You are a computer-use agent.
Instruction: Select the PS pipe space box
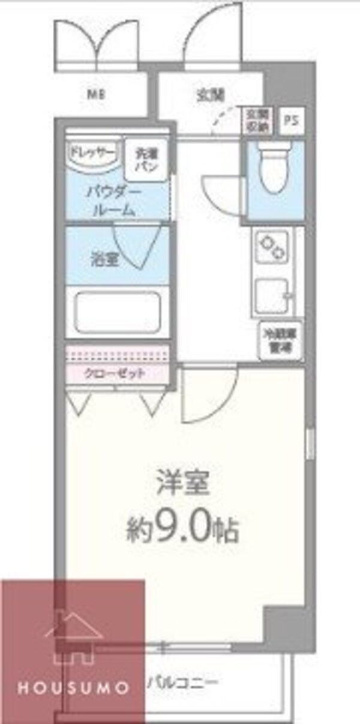[x=290, y=121]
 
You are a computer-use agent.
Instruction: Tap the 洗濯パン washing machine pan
[x=146, y=160]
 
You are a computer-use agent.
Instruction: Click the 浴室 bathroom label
[x=100, y=260]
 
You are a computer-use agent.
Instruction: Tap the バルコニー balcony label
[x=182, y=683]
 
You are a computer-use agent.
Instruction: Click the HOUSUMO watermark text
[x=73, y=687]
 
